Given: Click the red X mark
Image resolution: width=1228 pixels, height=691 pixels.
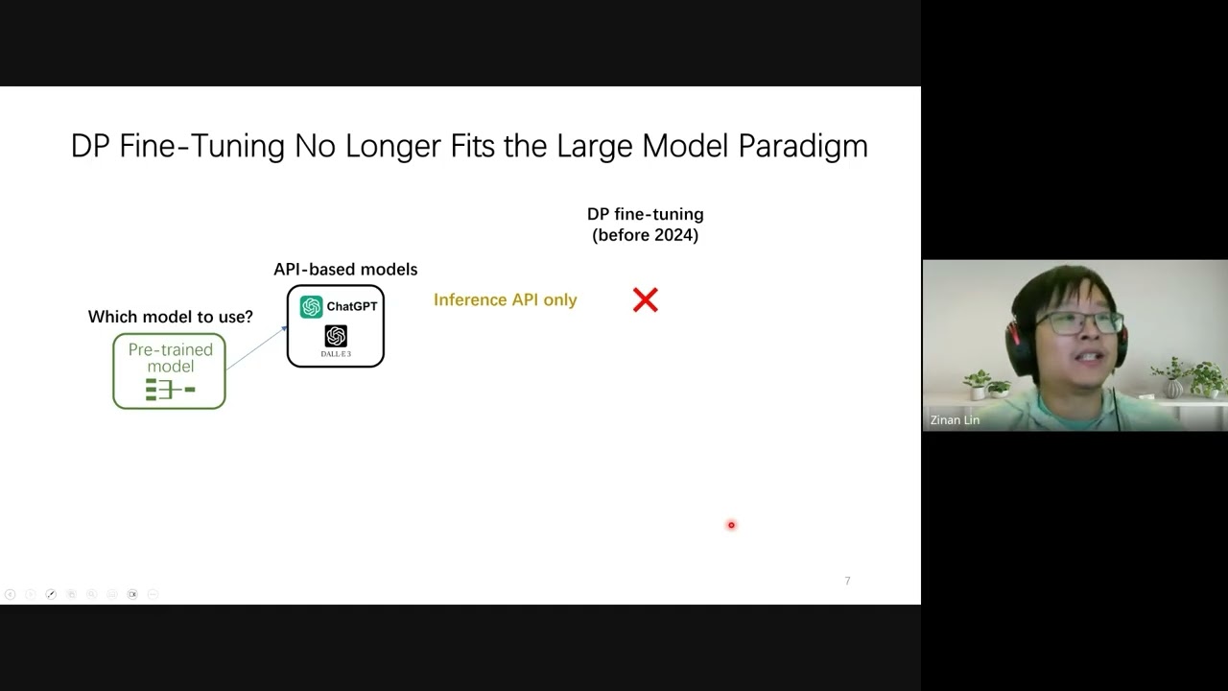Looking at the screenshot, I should [x=646, y=300].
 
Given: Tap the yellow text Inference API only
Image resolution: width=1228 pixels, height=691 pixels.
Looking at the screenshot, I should [x=505, y=300].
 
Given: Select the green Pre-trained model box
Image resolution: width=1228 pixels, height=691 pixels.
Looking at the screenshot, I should [x=169, y=370].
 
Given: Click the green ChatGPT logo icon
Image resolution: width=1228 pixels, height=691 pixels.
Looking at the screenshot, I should [x=311, y=306].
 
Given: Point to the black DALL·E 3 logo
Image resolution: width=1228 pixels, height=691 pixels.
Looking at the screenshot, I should [x=336, y=336].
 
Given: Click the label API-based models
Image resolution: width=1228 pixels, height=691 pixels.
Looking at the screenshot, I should [x=345, y=270].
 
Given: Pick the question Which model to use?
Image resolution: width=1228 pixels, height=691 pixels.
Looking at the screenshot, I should [x=170, y=317].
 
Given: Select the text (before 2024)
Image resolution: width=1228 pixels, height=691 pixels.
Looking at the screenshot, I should [x=645, y=235].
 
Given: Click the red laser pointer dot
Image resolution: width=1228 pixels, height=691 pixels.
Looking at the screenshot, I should [x=731, y=525].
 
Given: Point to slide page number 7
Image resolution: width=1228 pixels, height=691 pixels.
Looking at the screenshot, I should [x=847, y=581].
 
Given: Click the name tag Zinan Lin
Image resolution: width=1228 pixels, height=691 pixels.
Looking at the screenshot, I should [x=955, y=420].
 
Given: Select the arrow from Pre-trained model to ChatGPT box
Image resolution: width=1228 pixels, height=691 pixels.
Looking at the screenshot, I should [x=256, y=347].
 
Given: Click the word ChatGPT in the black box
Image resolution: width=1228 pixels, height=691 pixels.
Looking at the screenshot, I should [x=351, y=306].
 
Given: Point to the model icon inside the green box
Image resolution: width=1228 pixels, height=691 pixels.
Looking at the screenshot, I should [x=170, y=390].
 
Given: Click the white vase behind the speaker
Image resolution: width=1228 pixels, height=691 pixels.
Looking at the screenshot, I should [x=1173, y=387].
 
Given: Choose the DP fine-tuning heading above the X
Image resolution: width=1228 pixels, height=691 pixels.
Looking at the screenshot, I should [x=645, y=214].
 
